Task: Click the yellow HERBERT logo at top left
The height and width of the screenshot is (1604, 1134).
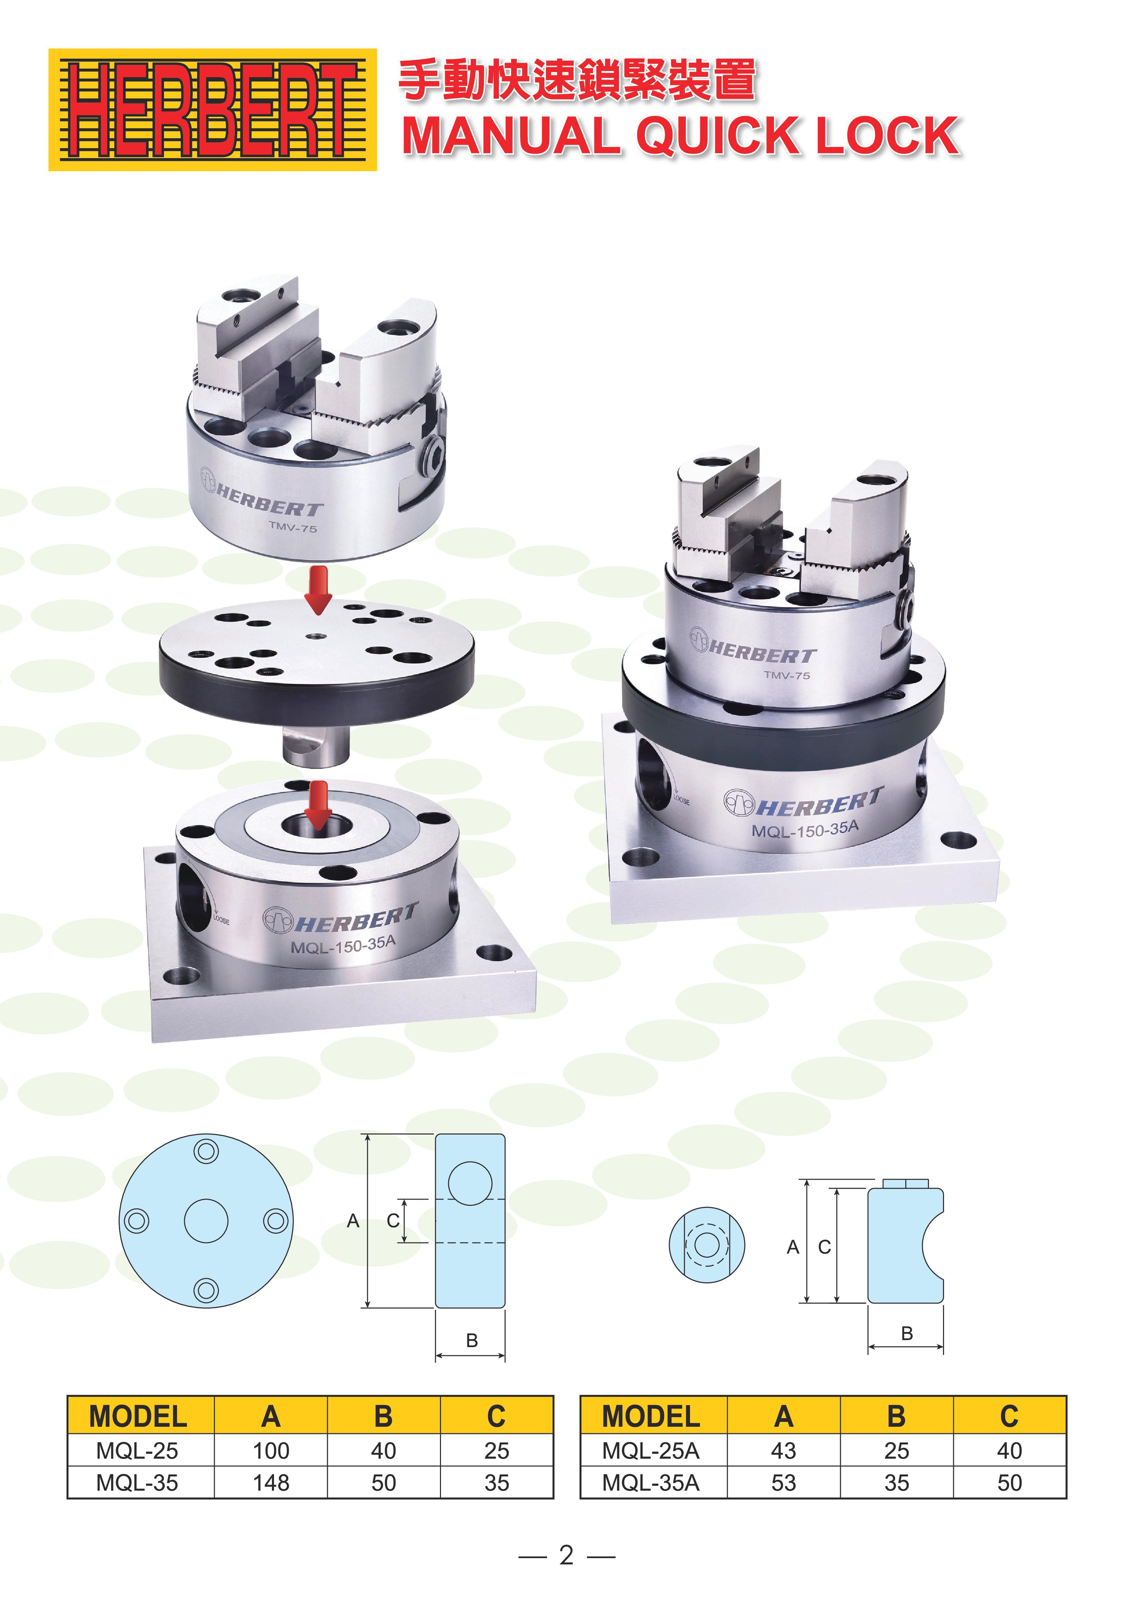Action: coord(212,110)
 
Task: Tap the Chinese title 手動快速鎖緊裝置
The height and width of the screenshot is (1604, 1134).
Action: coord(577,79)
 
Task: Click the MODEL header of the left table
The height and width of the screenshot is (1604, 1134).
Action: coord(138,1417)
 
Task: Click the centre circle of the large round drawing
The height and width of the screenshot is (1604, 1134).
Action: coord(206,1221)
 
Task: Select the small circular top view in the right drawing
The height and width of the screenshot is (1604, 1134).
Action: coord(706,1245)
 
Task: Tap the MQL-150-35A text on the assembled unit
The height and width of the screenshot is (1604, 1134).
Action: coord(805,829)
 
